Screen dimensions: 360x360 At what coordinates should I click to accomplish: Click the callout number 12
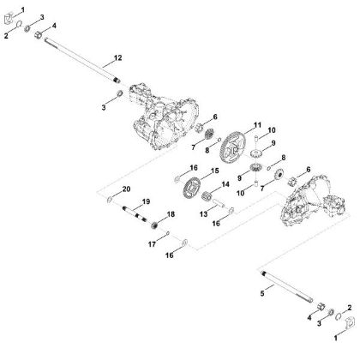coord(118,57)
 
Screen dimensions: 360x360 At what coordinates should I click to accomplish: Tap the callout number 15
coord(215,171)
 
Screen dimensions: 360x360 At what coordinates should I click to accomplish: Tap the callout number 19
coord(147,201)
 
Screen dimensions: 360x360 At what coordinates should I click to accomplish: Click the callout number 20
coord(128,189)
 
